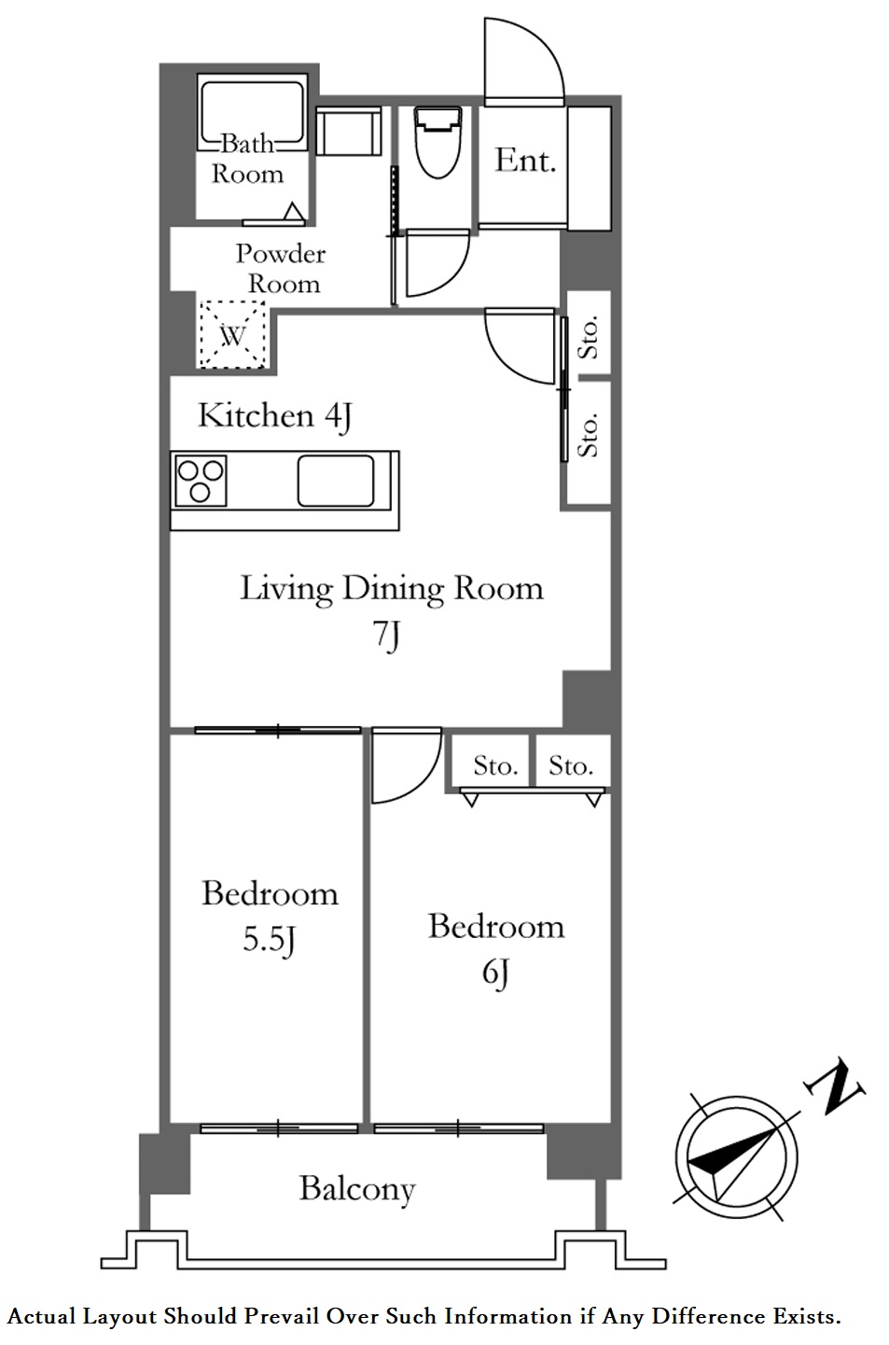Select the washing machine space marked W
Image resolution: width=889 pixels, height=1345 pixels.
click(x=232, y=334)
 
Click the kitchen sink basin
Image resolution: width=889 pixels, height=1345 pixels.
click(x=336, y=480)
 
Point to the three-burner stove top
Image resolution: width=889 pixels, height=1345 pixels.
click(x=201, y=480)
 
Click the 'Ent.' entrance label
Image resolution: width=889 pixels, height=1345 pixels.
click(x=525, y=161)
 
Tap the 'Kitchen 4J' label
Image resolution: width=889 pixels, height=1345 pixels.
click(x=274, y=416)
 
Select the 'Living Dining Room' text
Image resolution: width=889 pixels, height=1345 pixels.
click(x=391, y=588)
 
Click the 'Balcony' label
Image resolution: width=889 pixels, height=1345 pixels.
click(x=356, y=1189)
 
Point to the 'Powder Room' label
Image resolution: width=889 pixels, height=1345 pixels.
click(x=280, y=269)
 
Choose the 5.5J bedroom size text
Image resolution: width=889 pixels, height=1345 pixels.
click(x=269, y=941)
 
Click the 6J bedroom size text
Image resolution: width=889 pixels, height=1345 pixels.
click(x=494, y=974)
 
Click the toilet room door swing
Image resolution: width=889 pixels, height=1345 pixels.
click(x=434, y=263)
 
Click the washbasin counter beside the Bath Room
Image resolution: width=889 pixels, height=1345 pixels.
click(x=348, y=132)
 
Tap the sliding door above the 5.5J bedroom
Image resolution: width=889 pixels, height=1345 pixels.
click(x=278, y=730)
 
